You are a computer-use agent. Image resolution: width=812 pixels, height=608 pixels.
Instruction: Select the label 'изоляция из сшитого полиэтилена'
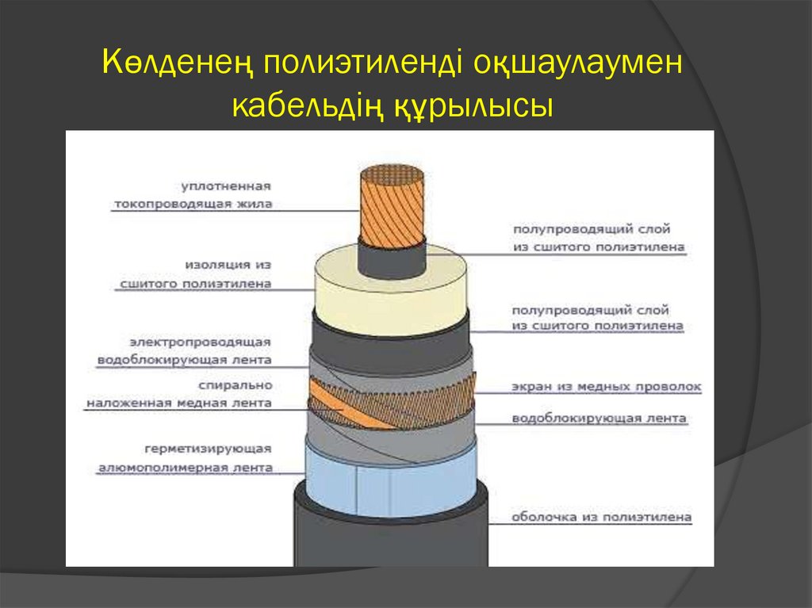(195, 273)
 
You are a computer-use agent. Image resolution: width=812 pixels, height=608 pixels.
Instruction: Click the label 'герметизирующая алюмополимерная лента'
(186, 457)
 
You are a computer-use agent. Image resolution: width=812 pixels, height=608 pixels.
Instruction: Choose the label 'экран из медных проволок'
(607, 387)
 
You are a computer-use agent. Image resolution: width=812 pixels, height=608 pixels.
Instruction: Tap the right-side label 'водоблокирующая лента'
(599, 418)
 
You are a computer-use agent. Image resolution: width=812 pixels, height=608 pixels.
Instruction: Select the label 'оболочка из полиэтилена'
(601, 518)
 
